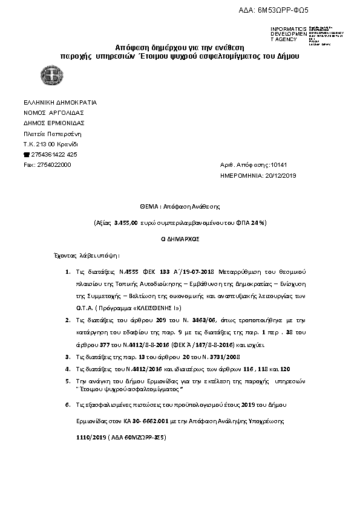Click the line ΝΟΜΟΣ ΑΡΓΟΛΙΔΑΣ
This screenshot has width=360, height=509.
pyautogui.click(x=53, y=112)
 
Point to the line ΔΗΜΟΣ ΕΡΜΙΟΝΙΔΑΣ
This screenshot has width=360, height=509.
pyautogui.click(x=54, y=123)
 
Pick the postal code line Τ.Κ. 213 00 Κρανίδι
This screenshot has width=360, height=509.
pyautogui.click(x=50, y=144)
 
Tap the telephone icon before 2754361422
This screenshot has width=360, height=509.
pyautogui.click(x=26, y=154)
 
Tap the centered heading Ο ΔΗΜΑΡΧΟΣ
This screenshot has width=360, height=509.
pyautogui.click(x=180, y=239)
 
